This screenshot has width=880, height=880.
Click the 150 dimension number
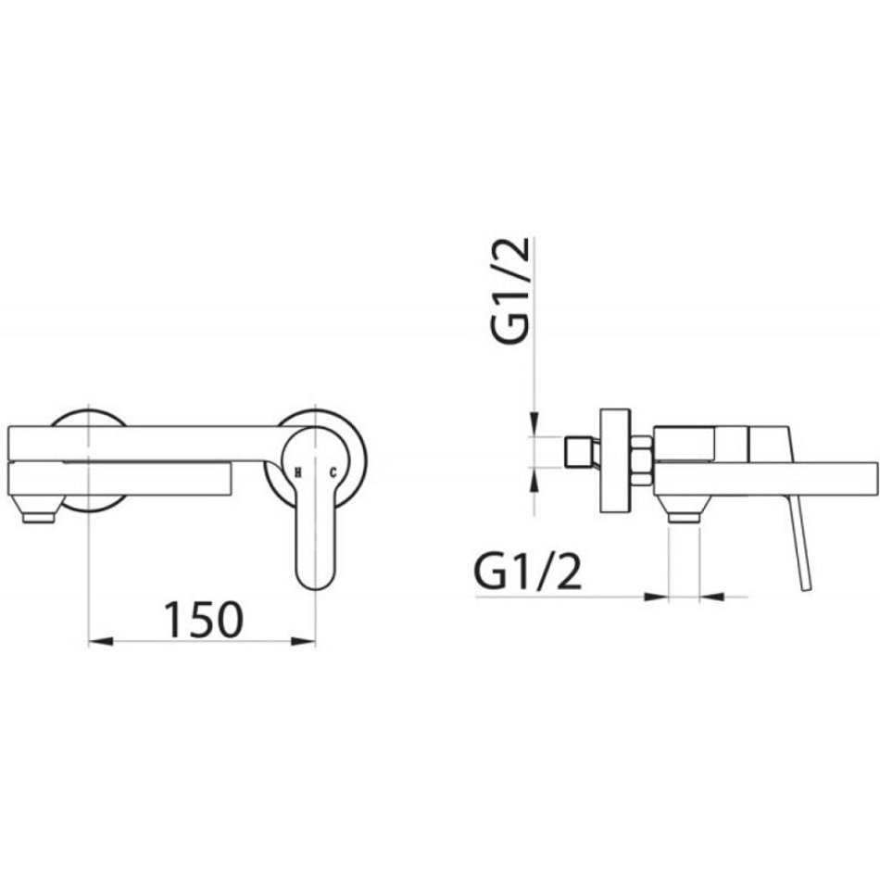(204, 620)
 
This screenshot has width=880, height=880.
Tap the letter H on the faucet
(298, 473)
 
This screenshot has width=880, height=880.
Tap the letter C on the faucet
(333, 473)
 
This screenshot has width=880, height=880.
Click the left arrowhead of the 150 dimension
(102, 641)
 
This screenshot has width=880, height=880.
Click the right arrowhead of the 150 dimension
(303, 641)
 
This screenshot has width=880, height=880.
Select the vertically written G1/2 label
(510, 290)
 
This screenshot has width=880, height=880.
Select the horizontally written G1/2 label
(529, 572)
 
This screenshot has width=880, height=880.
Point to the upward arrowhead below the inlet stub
(534, 479)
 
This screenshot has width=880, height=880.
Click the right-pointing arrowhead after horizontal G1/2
(657, 597)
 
